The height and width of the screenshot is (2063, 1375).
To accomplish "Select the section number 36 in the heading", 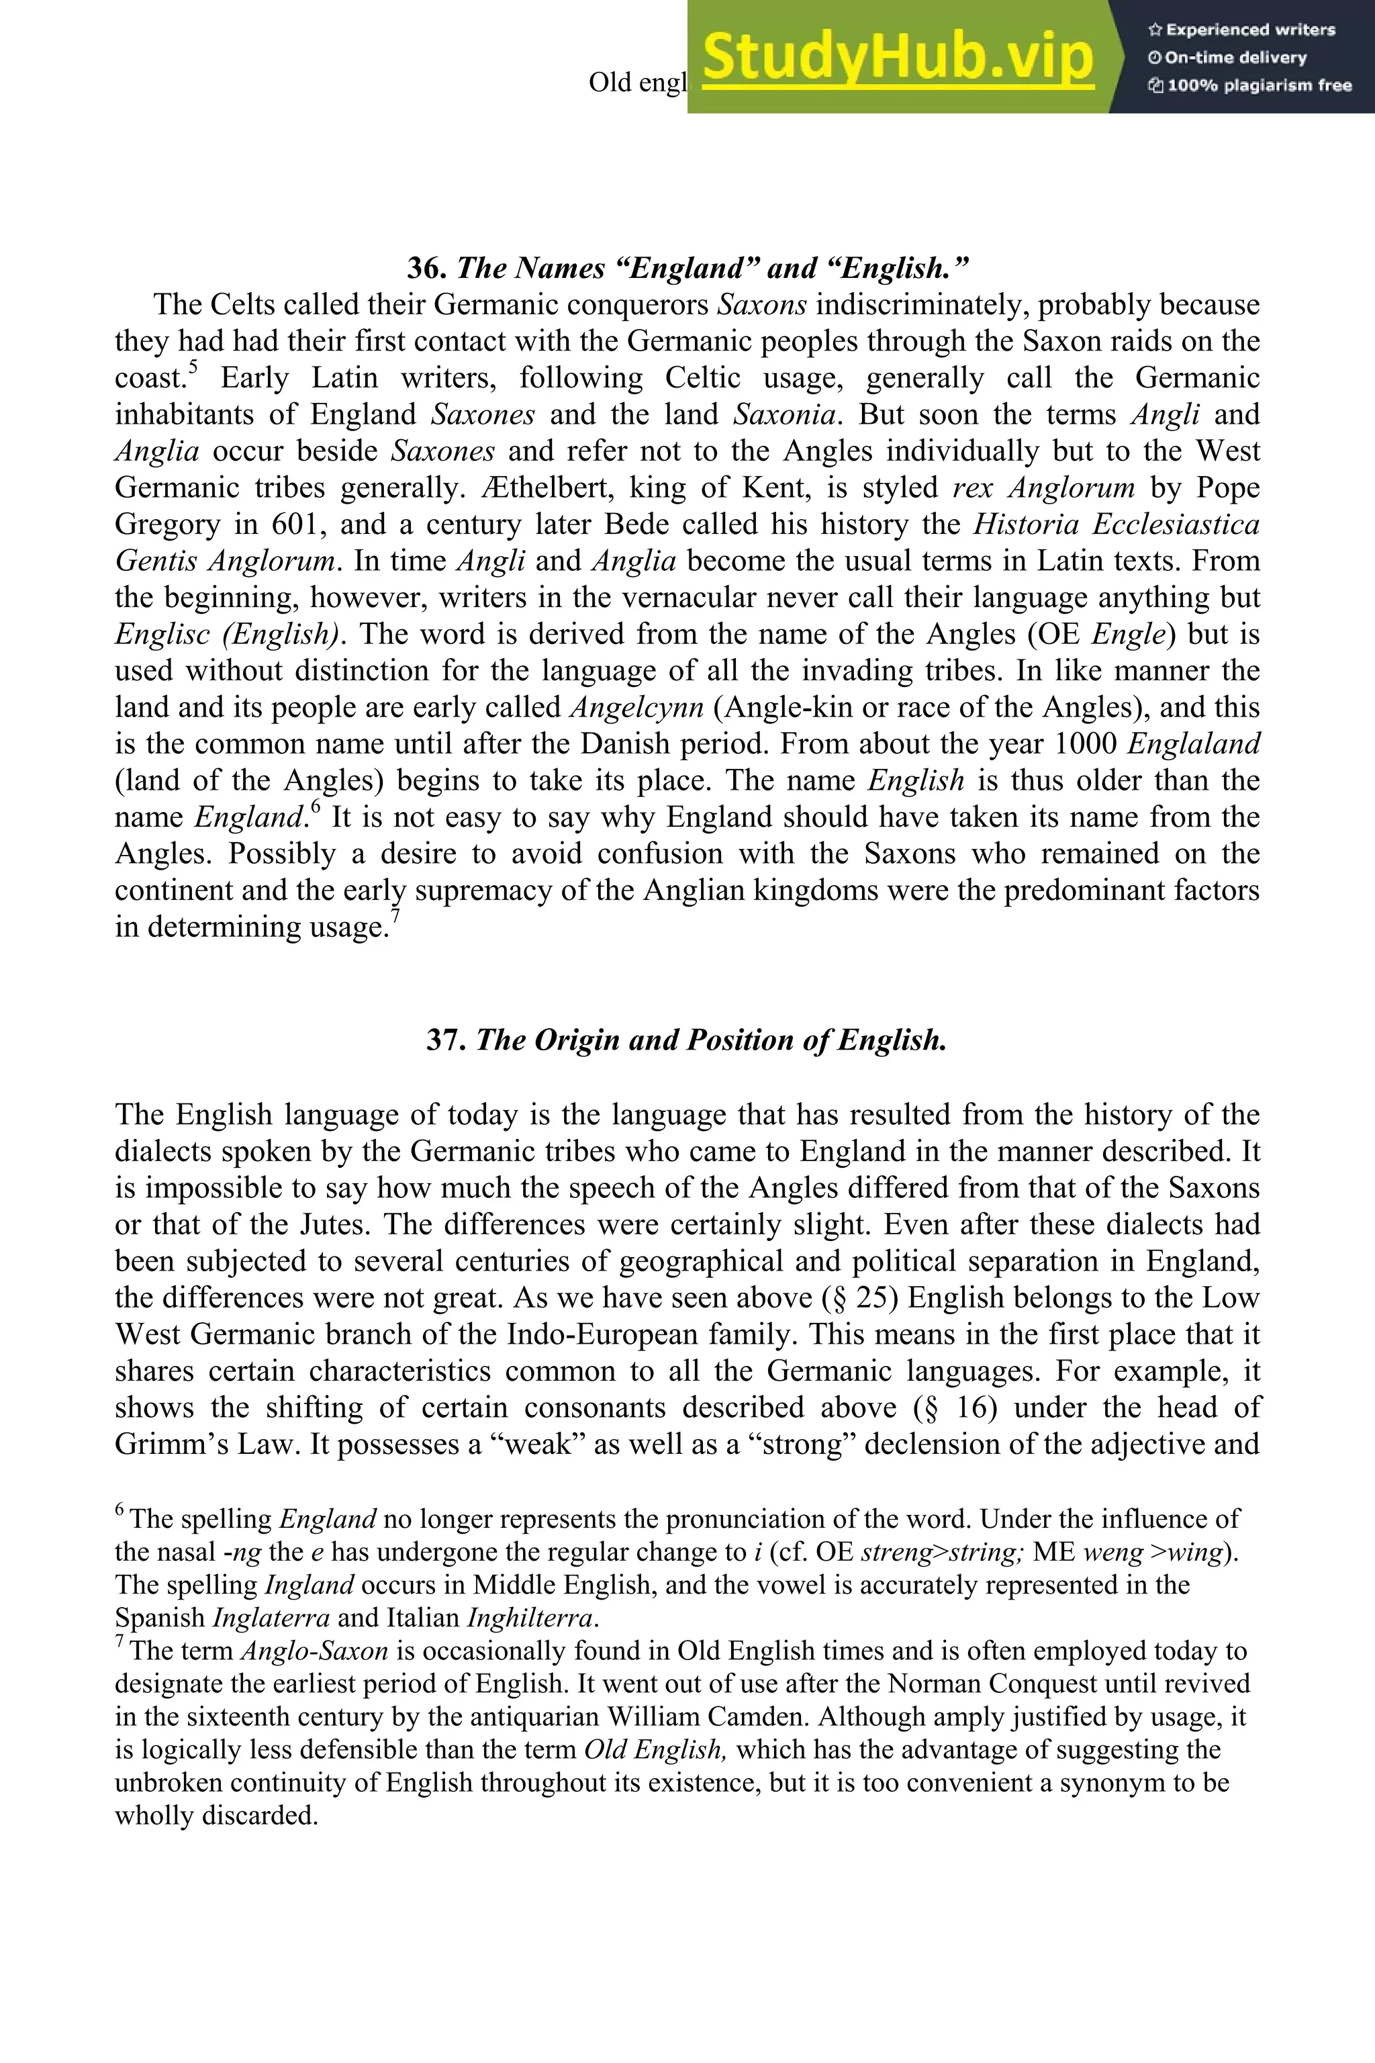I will tap(427, 267).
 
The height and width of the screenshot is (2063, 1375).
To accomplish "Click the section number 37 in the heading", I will tap(446, 1040).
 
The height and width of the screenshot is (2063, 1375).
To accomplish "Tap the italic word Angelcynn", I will tap(636, 708).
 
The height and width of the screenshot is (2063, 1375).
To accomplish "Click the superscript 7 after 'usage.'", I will tap(395, 917).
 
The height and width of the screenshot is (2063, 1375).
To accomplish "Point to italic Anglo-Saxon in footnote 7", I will tap(314, 1651).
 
